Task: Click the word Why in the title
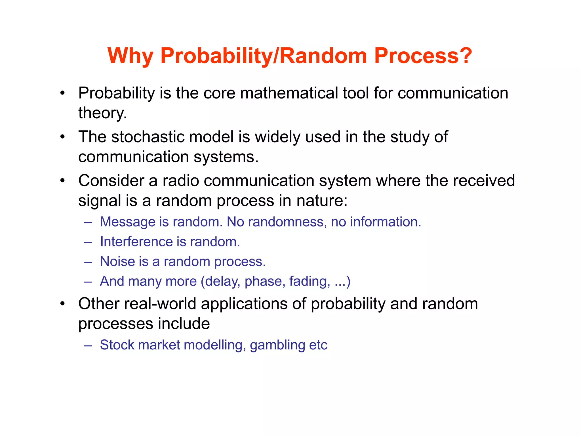(130, 56)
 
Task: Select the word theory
(102, 113)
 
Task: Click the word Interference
(136, 242)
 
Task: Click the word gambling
(277, 345)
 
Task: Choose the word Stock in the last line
(117, 345)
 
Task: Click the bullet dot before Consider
(63, 181)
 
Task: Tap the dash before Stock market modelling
(88, 345)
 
